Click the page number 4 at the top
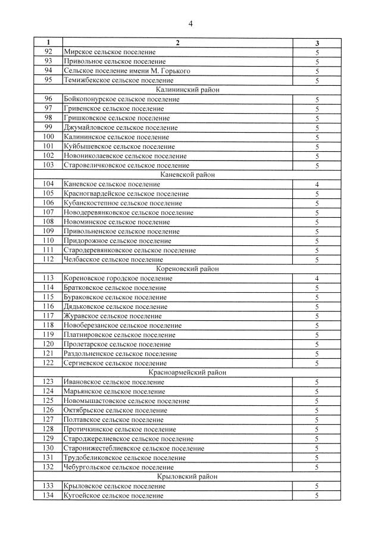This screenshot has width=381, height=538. [190, 23]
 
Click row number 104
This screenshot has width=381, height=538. [49, 184]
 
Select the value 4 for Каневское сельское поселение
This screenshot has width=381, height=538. [317, 184]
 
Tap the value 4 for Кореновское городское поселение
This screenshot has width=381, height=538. [317, 279]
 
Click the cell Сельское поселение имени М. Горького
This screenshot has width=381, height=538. [127, 71]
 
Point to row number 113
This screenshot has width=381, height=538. [49, 279]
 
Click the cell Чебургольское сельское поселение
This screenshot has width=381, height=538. [117, 467]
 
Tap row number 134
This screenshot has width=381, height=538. [49, 496]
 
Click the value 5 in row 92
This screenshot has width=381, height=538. [317, 52]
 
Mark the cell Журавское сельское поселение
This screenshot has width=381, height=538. [112, 316]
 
